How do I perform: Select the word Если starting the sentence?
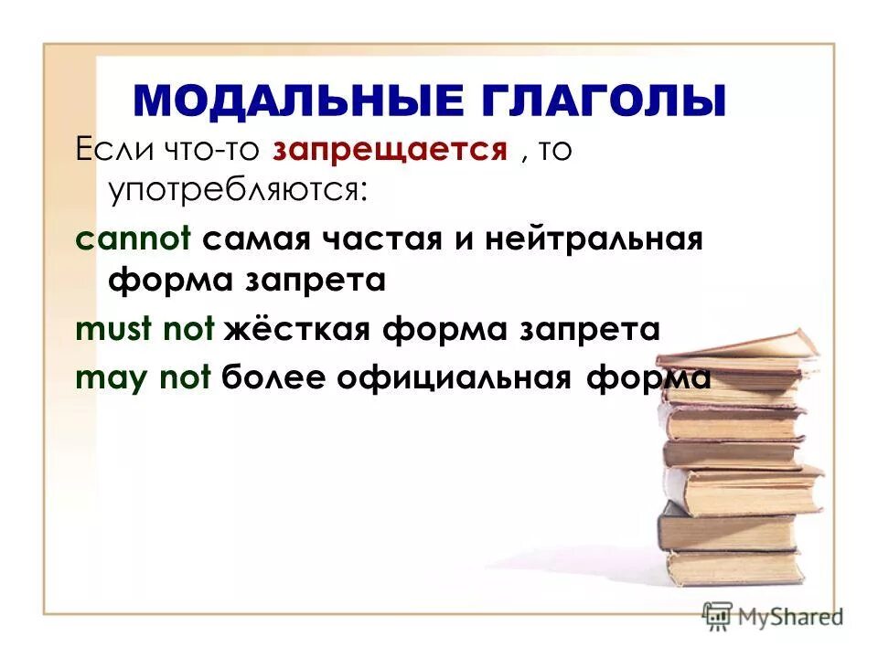pyautogui.click(x=112, y=150)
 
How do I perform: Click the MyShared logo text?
pyautogui.click(x=789, y=618)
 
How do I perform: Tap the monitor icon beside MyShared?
pyautogui.click(x=719, y=616)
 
